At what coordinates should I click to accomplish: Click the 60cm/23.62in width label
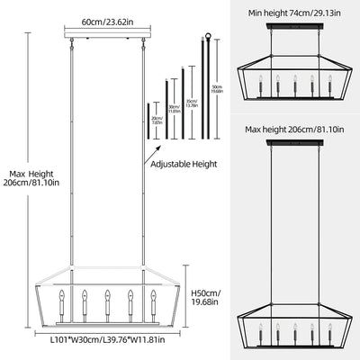click(105, 20)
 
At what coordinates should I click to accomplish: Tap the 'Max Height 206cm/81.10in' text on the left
click(32, 180)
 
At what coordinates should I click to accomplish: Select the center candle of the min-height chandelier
click(294, 86)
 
